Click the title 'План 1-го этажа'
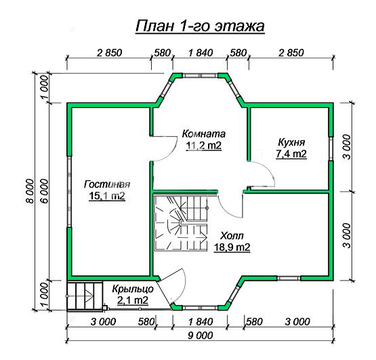point(200,26)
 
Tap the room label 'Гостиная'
point(107,184)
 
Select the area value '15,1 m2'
point(107,196)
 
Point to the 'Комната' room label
point(204,134)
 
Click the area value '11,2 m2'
point(204,146)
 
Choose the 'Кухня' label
point(291,142)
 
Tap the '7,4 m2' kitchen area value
point(291,154)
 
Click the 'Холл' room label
point(232,236)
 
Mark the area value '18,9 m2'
point(232,247)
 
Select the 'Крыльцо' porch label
point(133,289)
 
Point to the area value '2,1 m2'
point(133,300)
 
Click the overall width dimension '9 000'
point(201,336)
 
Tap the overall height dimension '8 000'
point(30,191)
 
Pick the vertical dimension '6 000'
point(45,191)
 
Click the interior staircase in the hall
point(180,223)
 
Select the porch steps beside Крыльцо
point(85,296)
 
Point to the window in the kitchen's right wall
point(331,148)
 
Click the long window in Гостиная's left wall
point(69,191)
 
